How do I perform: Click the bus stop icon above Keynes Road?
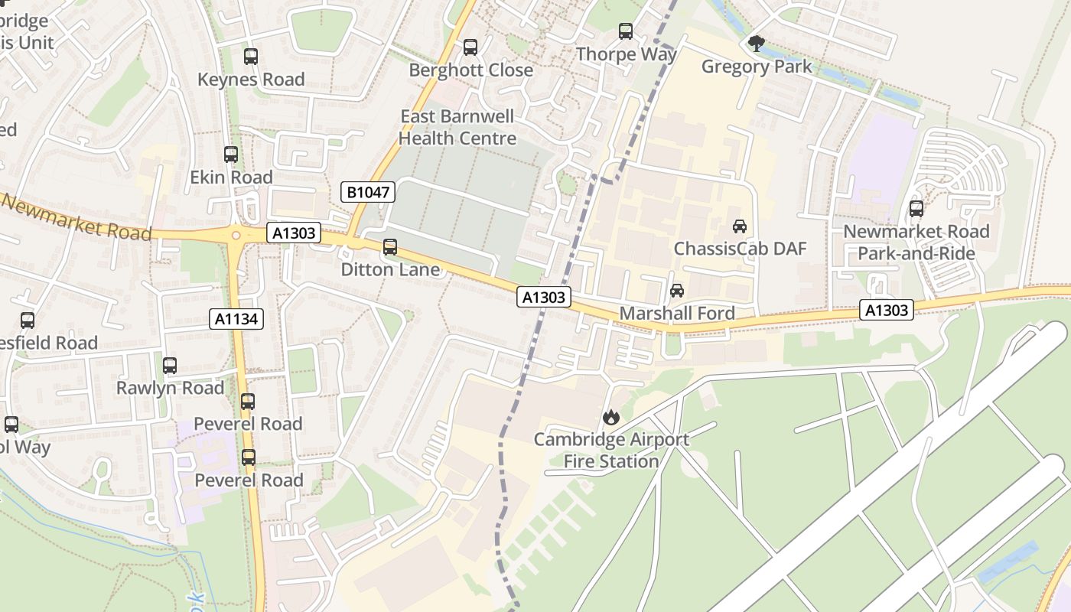[x=250, y=57]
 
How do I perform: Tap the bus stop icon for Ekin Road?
[x=231, y=155]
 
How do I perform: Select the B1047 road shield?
[x=368, y=192]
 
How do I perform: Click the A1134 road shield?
[x=236, y=319]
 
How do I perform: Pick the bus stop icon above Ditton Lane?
[x=390, y=247]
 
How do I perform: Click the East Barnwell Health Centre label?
[x=457, y=128]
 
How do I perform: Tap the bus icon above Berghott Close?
[x=470, y=47]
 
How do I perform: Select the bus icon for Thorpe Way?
[x=626, y=31]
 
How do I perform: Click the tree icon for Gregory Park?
[x=757, y=44]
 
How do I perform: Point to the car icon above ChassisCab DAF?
[x=740, y=226]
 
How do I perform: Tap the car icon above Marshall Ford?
[x=677, y=291]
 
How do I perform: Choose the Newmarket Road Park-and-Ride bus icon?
[x=916, y=209]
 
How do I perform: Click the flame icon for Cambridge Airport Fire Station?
[x=610, y=417]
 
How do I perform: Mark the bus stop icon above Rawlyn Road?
[x=170, y=366]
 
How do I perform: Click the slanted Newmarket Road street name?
[x=76, y=216]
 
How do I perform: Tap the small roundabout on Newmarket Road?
[x=236, y=236]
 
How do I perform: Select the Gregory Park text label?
[x=757, y=67]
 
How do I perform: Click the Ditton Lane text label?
[x=390, y=269]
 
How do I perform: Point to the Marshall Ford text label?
[x=677, y=313]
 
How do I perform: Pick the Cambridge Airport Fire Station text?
[x=611, y=451]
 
